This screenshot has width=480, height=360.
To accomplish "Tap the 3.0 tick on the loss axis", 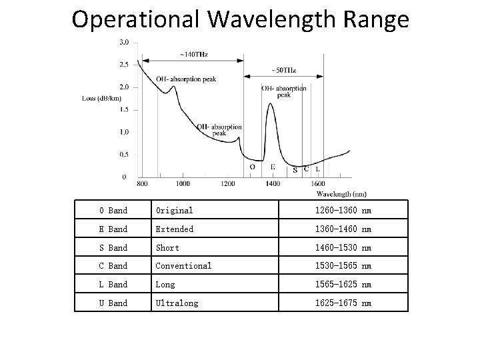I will pyautogui.click(x=124, y=42).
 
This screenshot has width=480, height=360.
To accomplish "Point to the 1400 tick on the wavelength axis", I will pyautogui.click(x=273, y=183).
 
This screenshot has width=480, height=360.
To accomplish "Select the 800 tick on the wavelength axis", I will pyautogui.click(x=143, y=183).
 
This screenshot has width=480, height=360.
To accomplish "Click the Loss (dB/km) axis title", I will pyautogui.click(x=97, y=99).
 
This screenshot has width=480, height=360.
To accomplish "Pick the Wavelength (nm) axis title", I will pyautogui.click(x=341, y=194).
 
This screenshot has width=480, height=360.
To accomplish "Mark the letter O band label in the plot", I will pyautogui.click(x=252, y=167).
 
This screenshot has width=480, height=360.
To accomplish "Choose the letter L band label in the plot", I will pyautogui.click(x=317, y=169).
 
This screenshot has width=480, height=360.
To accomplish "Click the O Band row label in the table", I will pyautogui.click(x=113, y=211).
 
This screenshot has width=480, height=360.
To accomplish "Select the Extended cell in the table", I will pyautogui.click(x=175, y=229).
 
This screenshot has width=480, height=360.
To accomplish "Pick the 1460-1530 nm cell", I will pyautogui.click(x=343, y=248).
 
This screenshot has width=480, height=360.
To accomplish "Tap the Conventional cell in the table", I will pyautogui.click(x=183, y=266).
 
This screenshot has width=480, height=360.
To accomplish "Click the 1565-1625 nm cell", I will pyautogui.click(x=343, y=285).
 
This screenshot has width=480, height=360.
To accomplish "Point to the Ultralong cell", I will pyautogui.click(x=177, y=303).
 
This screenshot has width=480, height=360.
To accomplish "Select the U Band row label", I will pyautogui.click(x=113, y=303).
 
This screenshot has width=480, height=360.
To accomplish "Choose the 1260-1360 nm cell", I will pyautogui.click(x=343, y=211).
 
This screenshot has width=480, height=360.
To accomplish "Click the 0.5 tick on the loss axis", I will pyautogui.click(x=124, y=155).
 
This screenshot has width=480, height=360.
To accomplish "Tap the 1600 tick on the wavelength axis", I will pyautogui.click(x=318, y=183).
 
